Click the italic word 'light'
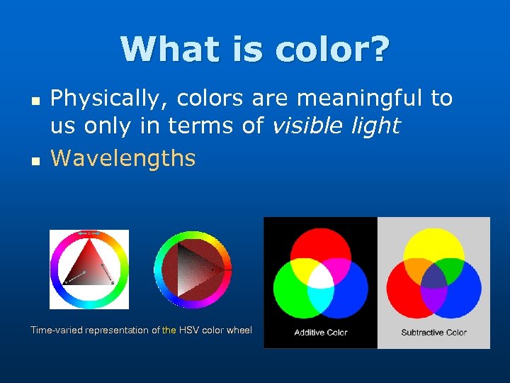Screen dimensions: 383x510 (x=376, y=126)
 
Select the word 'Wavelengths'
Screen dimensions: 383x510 (x=123, y=157)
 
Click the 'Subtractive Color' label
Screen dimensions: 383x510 (x=433, y=333)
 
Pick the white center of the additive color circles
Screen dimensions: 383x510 (x=320, y=276)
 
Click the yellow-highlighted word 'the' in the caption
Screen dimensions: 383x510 (x=169, y=330)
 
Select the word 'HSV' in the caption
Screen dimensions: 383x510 (x=190, y=330)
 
